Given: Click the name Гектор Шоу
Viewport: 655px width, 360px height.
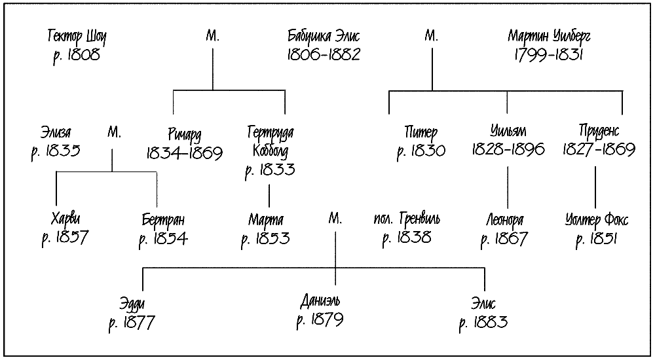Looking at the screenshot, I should pyautogui.click(x=77, y=36).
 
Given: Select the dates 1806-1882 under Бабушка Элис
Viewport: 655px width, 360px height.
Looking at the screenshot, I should pyautogui.click(x=324, y=55).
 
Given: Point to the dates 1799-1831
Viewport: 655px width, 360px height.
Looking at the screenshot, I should pyautogui.click(x=549, y=55).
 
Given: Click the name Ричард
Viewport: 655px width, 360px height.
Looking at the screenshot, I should pyautogui.click(x=184, y=133).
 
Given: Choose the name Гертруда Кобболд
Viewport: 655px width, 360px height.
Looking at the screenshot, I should pyautogui.click(x=270, y=141).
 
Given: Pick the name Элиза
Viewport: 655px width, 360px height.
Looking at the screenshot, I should pyautogui.click(x=56, y=133).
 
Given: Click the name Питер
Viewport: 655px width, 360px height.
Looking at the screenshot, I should pyautogui.click(x=421, y=133).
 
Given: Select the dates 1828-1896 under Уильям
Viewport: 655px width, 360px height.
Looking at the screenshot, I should pyautogui.click(x=508, y=150).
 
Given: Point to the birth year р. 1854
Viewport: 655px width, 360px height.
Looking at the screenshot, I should pyautogui.click(x=163, y=238).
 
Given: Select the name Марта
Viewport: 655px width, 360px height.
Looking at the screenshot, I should pyautogui.click(x=265, y=219).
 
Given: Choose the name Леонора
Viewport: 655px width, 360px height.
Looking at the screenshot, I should pyautogui.click(x=504, y=220).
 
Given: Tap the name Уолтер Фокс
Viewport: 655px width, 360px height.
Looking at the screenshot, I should pyautogui.click(x=596, y=220).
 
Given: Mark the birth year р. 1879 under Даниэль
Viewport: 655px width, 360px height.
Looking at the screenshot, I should pyautogui.click(x=320, y=321).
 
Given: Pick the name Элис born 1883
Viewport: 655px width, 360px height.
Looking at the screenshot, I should pyautogui.click(x=483, y=304).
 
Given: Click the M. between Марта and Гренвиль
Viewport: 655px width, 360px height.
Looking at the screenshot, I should pyautogui.click(x=335, y=219).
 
